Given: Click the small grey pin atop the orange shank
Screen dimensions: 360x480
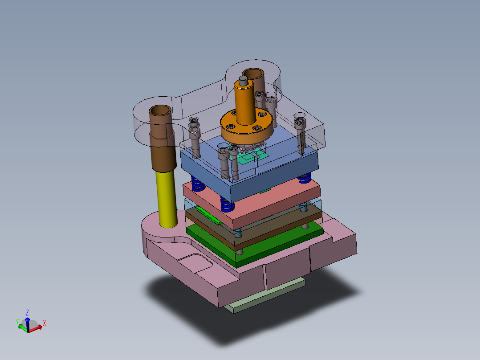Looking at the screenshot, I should (x=243, y=81).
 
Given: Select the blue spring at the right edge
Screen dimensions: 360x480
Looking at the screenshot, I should (x=305, y=178).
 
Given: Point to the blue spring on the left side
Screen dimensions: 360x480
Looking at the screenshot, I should (x=196, y=183).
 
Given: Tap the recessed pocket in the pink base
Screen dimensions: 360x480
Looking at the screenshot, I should (x=194, y=264).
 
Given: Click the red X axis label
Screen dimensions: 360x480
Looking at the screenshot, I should (x=45, y=323).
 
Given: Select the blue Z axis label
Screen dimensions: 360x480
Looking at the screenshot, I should (x=27, y=312).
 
